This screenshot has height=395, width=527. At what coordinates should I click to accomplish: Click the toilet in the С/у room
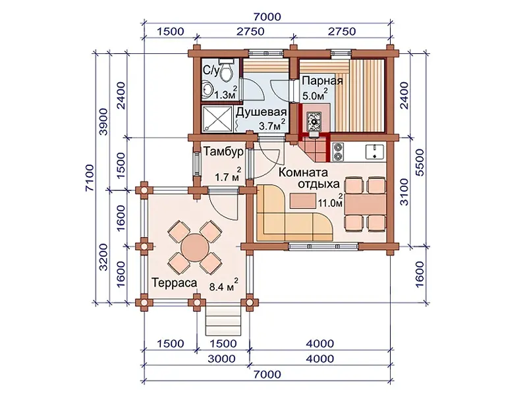click(x=227, y=70)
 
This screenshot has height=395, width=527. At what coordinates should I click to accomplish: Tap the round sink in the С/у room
click(x=208, y=89)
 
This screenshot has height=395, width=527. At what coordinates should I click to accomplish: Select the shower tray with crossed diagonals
click(x=217, y=119)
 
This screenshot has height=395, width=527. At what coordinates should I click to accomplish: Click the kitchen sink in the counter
click(x=375, y=151)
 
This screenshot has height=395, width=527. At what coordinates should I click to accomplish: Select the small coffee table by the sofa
click(x=303, y=201)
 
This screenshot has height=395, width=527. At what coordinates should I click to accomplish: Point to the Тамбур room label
click(x=223, y=152)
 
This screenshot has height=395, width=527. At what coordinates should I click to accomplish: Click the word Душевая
click(x=261, y=112)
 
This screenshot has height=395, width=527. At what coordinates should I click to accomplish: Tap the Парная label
click(x=322, y=81)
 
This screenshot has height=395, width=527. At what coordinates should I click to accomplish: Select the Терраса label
click(x=174, y=283)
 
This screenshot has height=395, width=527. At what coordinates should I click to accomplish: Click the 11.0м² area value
click(x=331, y=201)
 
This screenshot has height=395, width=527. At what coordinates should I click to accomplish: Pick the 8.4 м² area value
click(x=224, y=286)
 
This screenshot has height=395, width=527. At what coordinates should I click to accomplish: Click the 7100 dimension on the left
click(x=90, y=178)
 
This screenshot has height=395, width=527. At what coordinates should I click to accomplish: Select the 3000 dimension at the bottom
click(x=221, y=359)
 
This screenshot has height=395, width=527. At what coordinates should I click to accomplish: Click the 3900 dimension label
click(x=103, y=122)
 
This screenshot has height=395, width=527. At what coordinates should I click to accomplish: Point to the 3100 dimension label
click(x=404, y=192)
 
